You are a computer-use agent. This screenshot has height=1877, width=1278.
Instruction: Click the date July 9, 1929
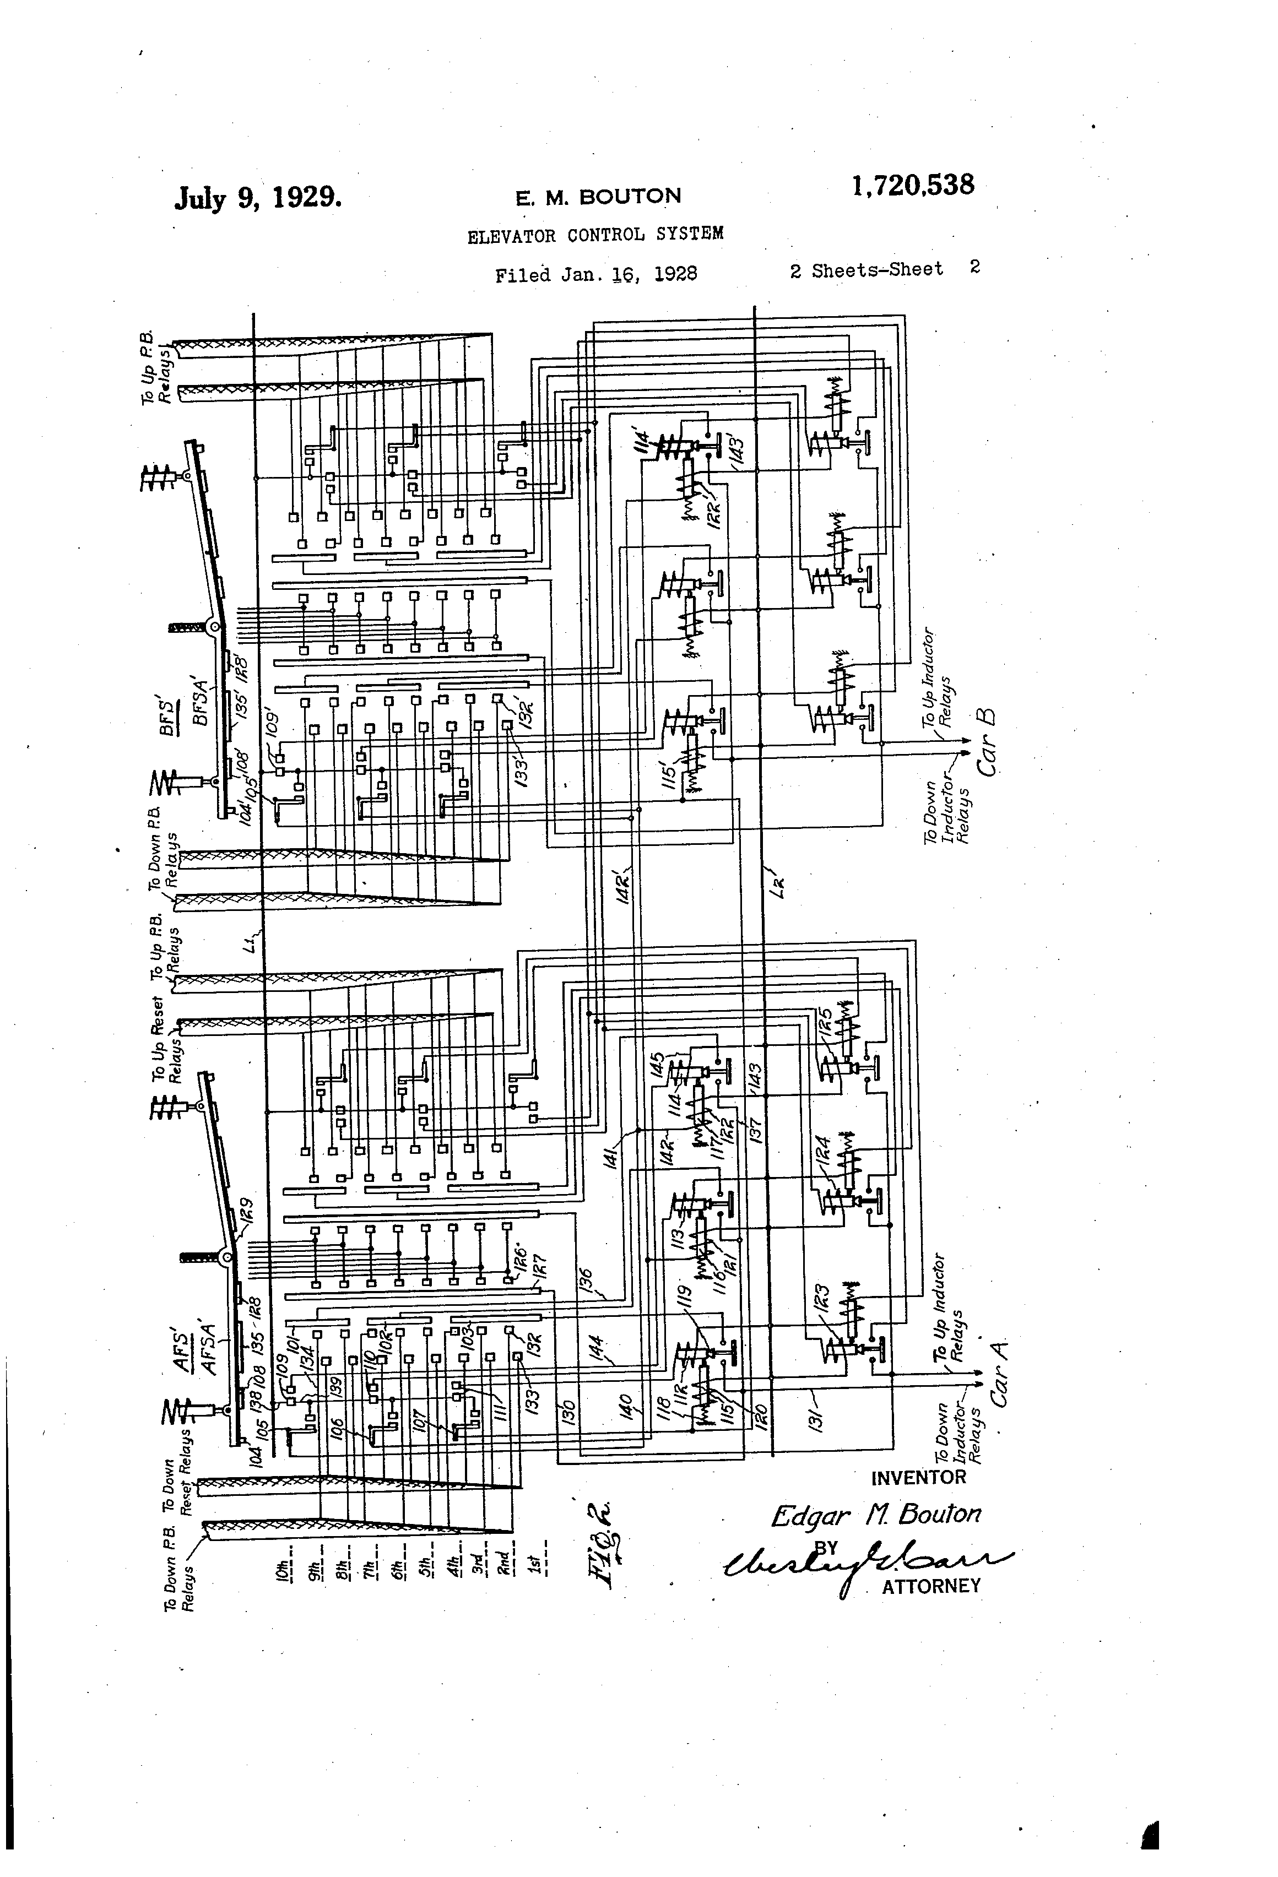click(x=258, y=197)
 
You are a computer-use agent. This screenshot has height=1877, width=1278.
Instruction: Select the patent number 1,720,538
click(x=912, y=186)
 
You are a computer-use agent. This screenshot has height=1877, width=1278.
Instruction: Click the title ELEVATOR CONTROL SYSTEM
click(x=595, y=235)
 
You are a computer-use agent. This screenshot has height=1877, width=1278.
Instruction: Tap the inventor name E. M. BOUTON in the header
click(x=598, y=196)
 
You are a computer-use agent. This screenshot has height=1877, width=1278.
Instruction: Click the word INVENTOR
click(x=918, y=1477)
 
